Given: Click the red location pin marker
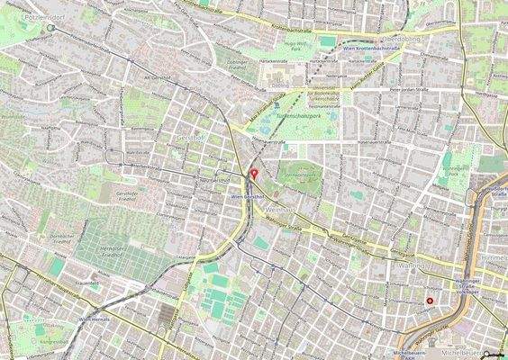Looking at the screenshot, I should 254,172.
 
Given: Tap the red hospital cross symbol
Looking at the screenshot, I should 431,301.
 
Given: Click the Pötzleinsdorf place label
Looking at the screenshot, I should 24,17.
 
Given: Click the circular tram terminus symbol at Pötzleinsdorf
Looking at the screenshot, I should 51,27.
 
